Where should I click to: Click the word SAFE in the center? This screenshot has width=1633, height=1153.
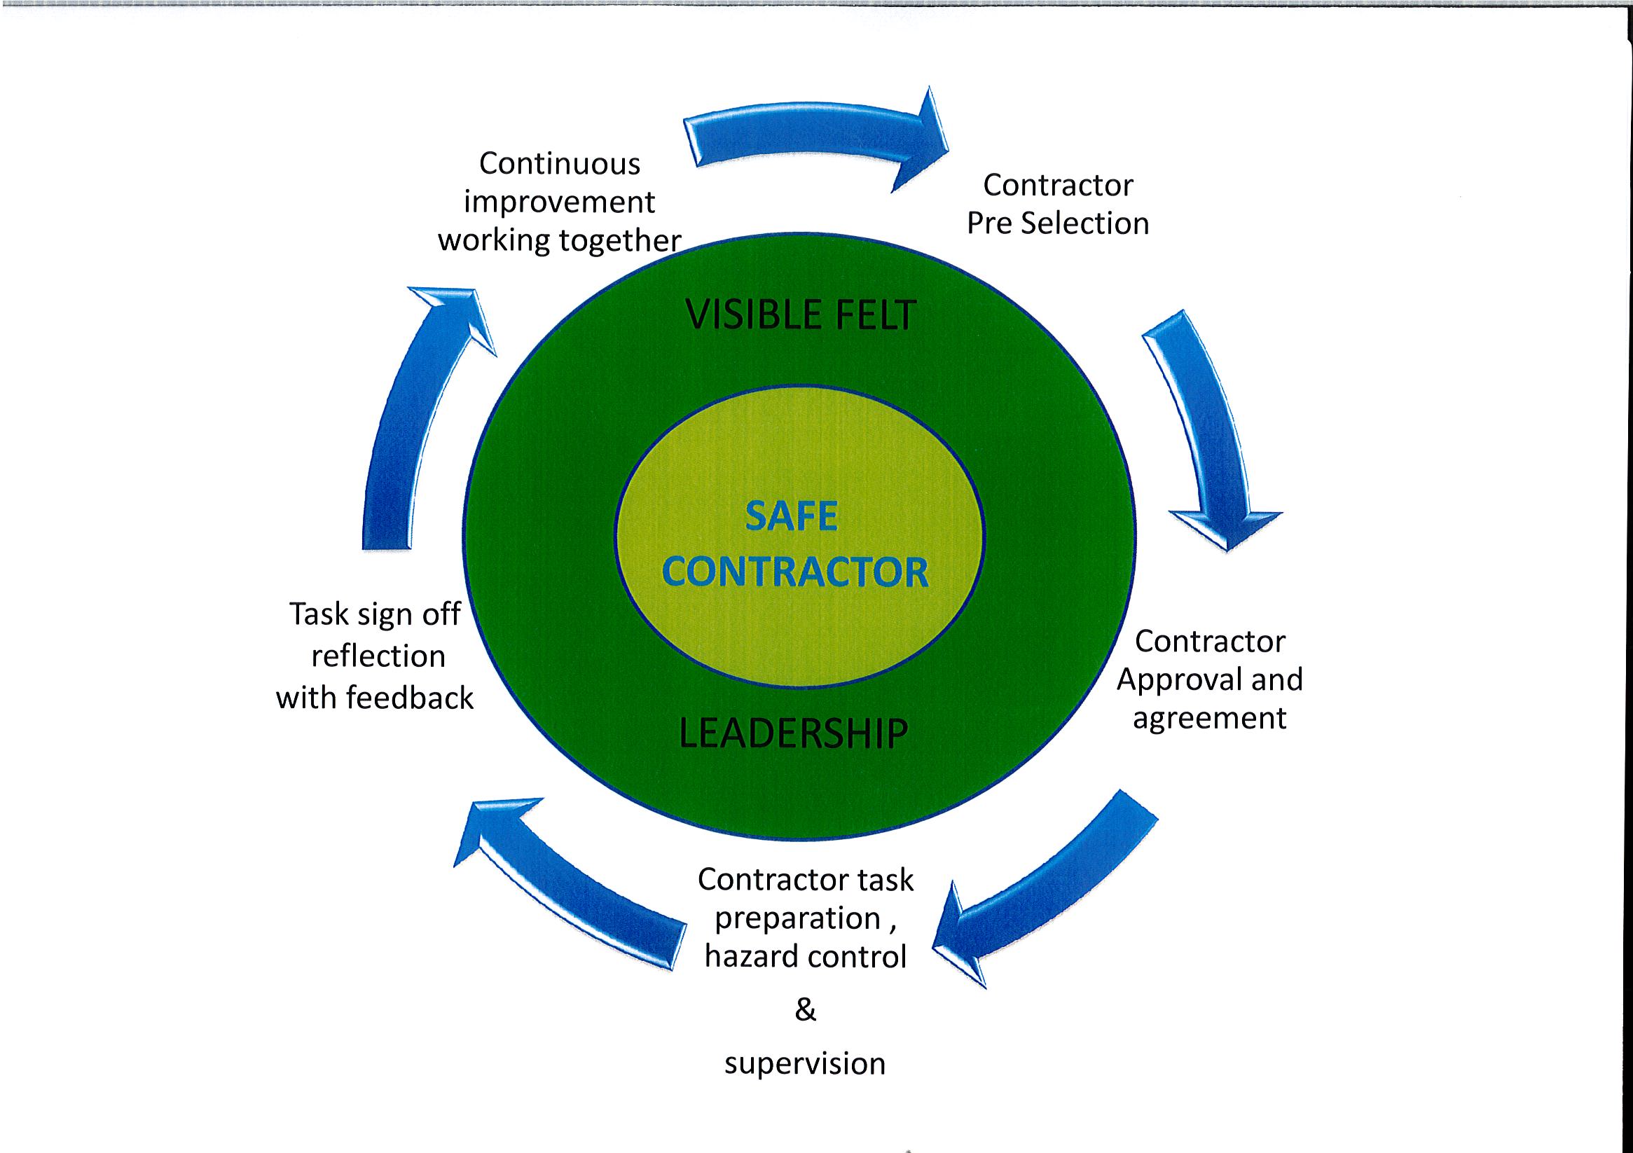(792, 516)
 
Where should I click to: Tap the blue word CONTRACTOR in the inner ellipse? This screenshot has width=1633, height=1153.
(795, 572)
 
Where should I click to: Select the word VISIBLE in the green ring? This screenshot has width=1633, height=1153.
(751, 315)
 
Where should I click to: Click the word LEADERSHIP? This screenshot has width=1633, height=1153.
(794, 734)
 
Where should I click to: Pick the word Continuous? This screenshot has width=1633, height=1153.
(560, 164)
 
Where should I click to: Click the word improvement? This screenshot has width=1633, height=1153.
(559, 202)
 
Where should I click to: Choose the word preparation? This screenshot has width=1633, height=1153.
(798, 919)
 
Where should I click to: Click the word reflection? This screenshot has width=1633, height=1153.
(378, 656)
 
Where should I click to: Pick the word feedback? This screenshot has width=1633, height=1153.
(410, 697)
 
